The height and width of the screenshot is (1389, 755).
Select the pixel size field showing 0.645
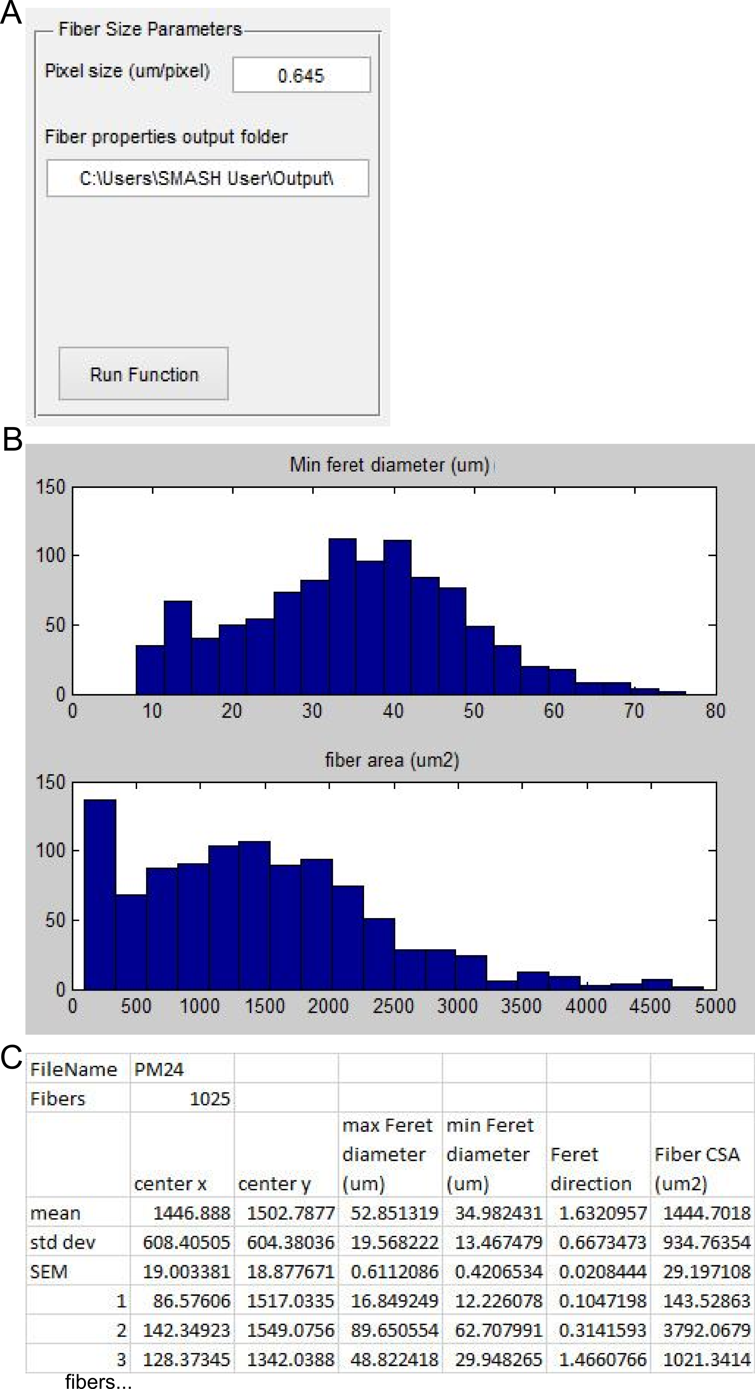[301, 75]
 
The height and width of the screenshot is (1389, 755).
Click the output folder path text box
[208, 178]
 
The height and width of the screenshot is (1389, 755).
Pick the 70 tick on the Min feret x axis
[634, 711]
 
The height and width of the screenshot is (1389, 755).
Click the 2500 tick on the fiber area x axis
[393, 1006]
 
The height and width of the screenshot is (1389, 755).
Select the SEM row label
[49, 1271]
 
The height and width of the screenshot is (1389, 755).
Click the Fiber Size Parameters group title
[150, 29]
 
